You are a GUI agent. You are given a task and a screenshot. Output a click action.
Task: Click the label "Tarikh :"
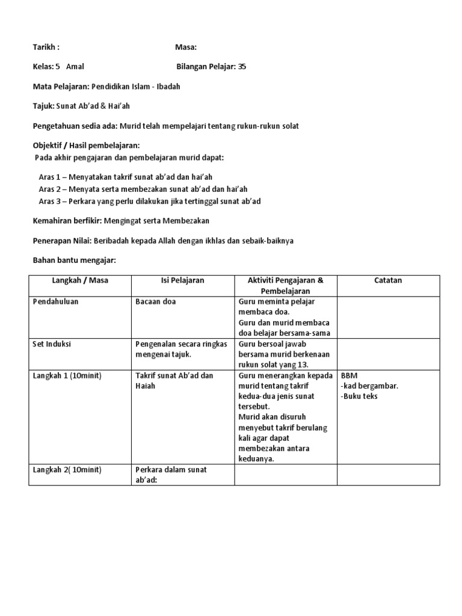[x=45, y=47]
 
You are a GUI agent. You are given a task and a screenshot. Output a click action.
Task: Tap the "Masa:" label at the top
[x=185, y=47]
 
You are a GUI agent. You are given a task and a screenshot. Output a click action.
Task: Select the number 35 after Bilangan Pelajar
[x=242, y=67]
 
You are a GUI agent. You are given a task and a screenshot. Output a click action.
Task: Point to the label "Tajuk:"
[x=43, y=106]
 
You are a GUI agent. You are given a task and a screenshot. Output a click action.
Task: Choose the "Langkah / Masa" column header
[x=80, y=280]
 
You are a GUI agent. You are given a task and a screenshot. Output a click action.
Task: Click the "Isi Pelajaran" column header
[x=182, y=280]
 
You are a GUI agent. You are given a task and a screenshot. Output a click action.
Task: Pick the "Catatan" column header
[x=388, y=280]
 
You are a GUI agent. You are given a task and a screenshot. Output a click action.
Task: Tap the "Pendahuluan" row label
[x=55, y=301]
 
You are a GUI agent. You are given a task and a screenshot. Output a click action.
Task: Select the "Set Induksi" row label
[x=52, y=345]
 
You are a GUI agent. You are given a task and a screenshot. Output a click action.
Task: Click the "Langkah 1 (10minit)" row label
[x=67, y=375]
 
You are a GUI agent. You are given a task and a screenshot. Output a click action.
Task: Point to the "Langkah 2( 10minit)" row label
[x=67, y=469]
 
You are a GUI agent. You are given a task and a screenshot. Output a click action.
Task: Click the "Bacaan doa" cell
[x=156, y=301]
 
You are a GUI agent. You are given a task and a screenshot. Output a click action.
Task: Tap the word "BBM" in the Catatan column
[x=349, y=375]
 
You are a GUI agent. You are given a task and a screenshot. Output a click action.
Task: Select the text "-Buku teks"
[x=359, y=396]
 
